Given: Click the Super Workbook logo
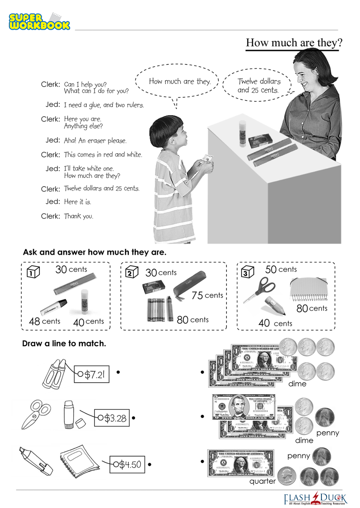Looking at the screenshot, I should click(39, 22).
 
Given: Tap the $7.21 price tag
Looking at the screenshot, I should click(92, 374).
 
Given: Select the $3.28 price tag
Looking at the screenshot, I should click(112, 418).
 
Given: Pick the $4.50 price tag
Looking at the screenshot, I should click(127, 464).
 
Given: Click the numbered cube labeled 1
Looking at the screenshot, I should click(33, 272).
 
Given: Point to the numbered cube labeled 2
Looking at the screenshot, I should click(132, 272).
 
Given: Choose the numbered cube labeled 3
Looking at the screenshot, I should click(247, 272).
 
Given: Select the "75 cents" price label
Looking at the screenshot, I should click(207, 295).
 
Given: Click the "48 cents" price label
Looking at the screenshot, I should click(45, 321).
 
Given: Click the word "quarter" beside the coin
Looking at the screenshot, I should click(262, 481).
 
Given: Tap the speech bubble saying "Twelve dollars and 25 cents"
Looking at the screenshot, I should click(258, 85).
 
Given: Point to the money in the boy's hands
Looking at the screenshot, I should click(206, 159).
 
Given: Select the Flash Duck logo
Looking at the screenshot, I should click(315, 498).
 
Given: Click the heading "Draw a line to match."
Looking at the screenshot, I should click(64, 343).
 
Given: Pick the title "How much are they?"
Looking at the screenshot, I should click(294, 43).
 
